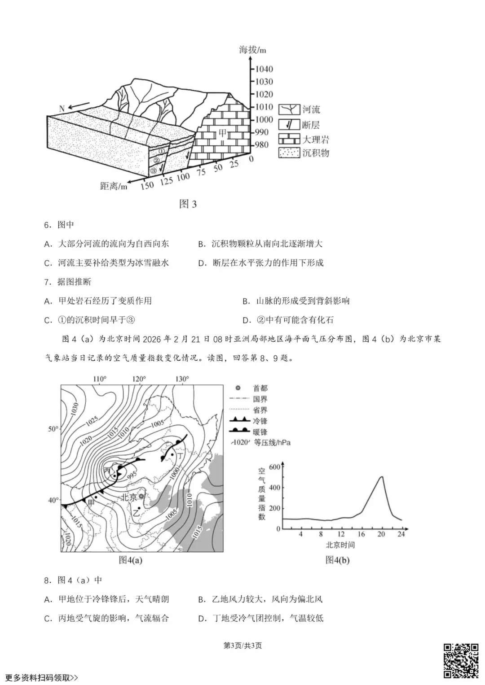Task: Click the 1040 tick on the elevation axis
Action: tap(264, 69)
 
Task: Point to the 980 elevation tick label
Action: tap(261, 145)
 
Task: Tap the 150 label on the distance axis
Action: tap(147, 184)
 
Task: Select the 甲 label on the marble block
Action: tap(223, 133)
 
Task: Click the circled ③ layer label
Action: tap(154, 170)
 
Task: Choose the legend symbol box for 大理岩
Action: tap(289, 140)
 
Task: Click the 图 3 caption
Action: tap(188, 204)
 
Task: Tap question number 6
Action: tap(47, 225)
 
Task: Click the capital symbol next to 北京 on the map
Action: tap(142, 496)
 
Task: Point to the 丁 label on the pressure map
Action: tap(180, 455)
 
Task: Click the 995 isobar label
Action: tap(131, 476)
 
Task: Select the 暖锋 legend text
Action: tap(260, 432)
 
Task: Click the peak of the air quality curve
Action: tap(382, 476)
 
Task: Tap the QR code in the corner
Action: tap(461, 661)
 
